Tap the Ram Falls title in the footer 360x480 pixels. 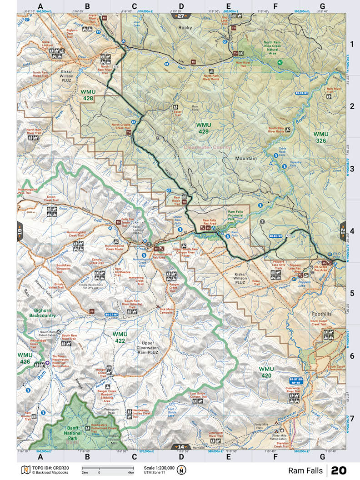(305, 470)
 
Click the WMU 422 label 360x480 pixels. (119, 337)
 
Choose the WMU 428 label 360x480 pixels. (87, 95)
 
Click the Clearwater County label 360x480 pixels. (205, 147)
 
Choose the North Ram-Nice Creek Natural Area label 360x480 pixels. (280, 47)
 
